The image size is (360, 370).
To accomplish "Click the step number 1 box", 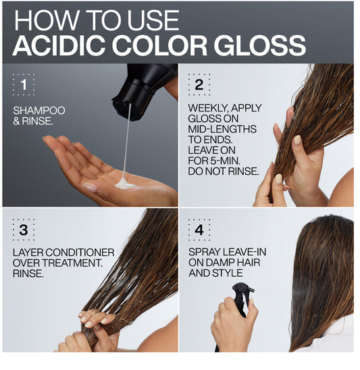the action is point(24,84).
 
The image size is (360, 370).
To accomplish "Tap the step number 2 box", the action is point(199,84).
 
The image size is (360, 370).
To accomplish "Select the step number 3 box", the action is point(24,230).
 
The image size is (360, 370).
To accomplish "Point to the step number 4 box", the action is point(199,230).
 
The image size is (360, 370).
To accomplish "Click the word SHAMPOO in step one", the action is point(39,111).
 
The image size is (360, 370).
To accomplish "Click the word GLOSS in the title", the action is point(260,45).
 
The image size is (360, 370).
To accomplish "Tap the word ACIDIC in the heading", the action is point(59,45).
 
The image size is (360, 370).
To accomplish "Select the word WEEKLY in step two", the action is point(209,108).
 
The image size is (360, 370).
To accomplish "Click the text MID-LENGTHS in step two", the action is point(222,129).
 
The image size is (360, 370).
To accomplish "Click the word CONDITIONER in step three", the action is point(80,253).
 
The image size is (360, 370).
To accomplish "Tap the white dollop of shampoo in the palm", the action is point(124,184).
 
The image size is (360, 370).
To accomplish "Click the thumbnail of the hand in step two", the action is point(297,139).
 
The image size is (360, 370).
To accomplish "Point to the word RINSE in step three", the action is point(28,273).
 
